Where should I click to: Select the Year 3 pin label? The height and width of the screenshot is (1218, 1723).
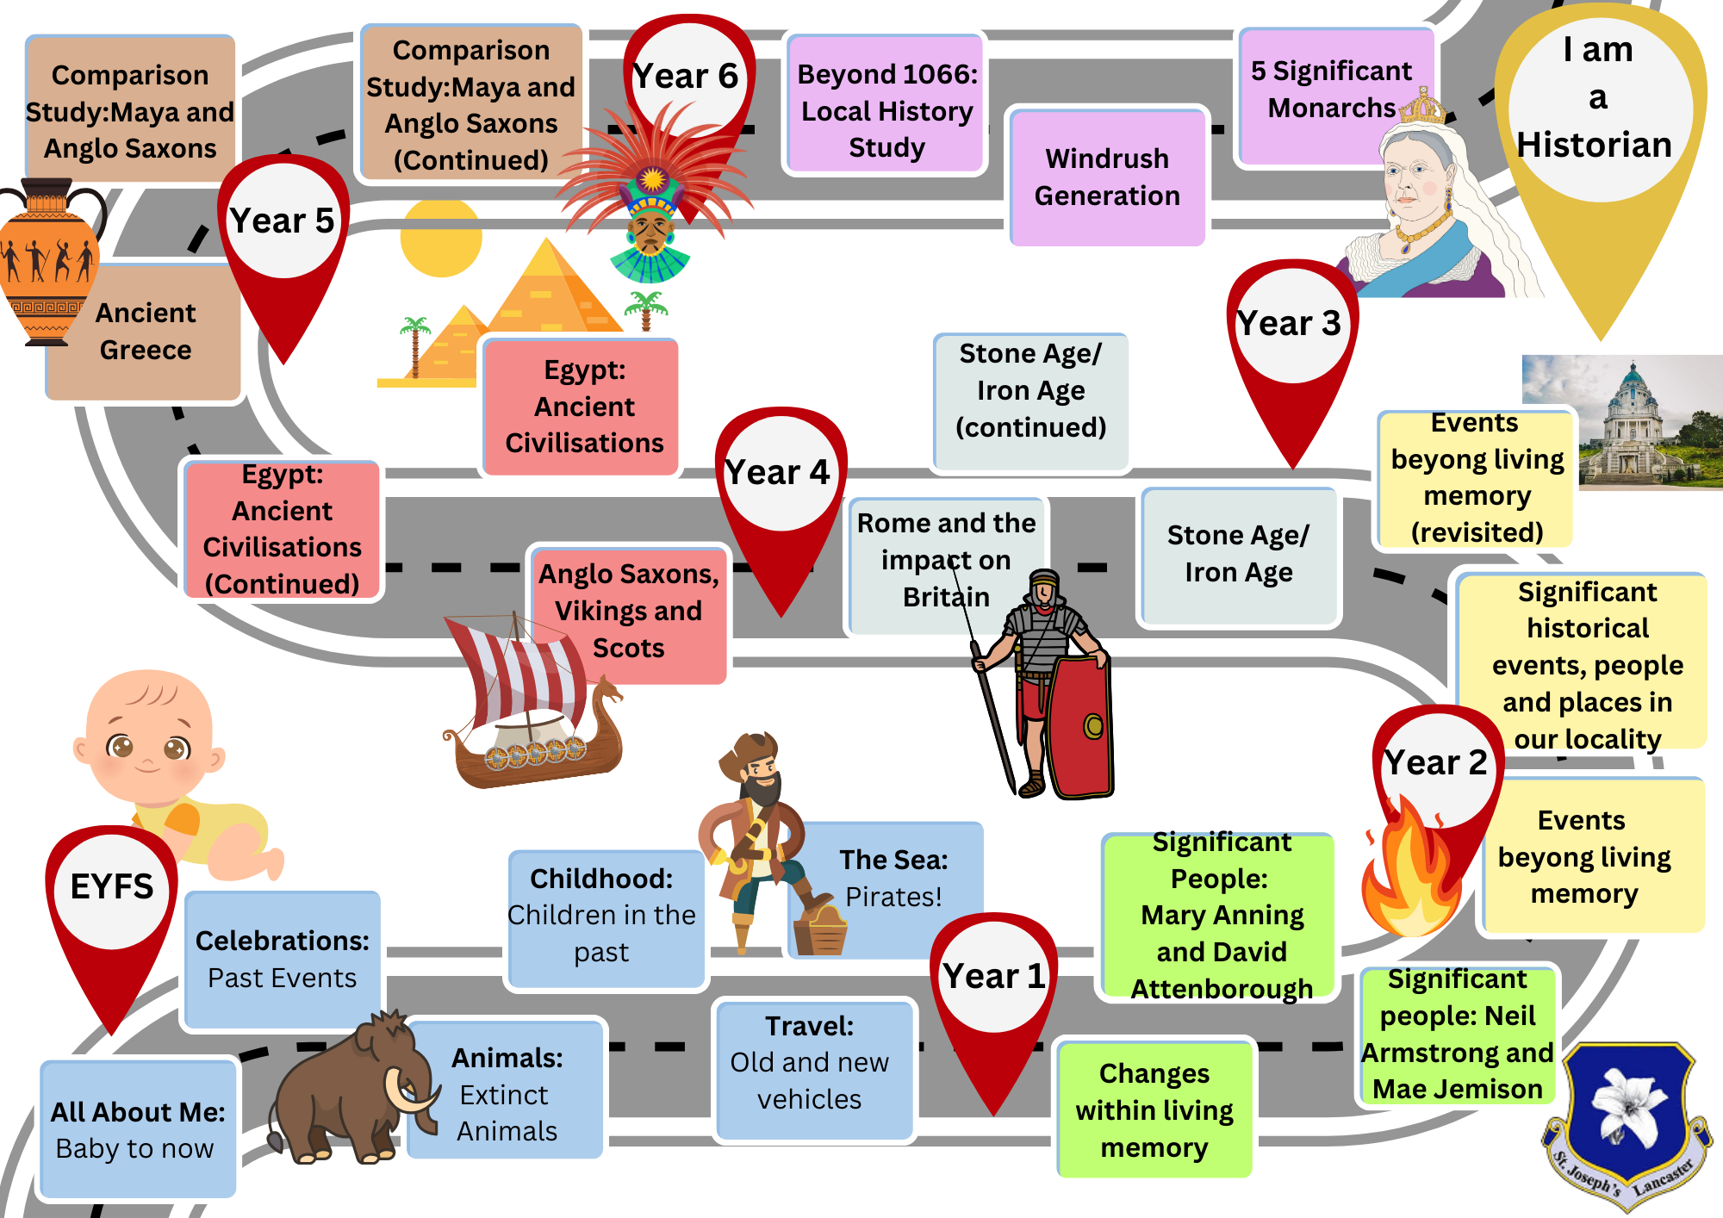click(1290, 324)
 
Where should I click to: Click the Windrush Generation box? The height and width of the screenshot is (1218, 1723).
click(1107, 177)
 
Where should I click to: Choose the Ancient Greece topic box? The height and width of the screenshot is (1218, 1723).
click(146, 332)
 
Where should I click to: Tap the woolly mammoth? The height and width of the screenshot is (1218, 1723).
click(349, 1090)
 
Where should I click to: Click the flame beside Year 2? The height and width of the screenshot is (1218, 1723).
click(1408, 874)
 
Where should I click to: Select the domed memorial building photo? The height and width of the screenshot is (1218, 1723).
click(1624, 422)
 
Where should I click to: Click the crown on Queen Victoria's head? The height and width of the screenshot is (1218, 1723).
click(1422, 107)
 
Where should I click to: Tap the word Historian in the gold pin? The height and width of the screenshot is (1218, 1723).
click(1595, 145)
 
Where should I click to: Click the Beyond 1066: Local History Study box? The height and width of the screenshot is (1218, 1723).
click(886, 110)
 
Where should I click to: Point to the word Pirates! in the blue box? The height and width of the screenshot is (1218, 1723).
click(893, 897)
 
